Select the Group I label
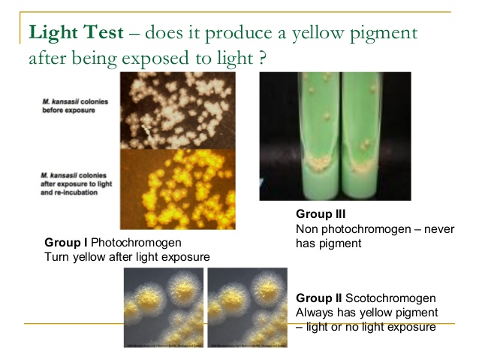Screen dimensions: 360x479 coord(66,243)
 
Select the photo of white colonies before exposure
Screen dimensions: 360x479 coord(178,111)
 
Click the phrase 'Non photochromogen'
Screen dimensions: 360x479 coord(348,228)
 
